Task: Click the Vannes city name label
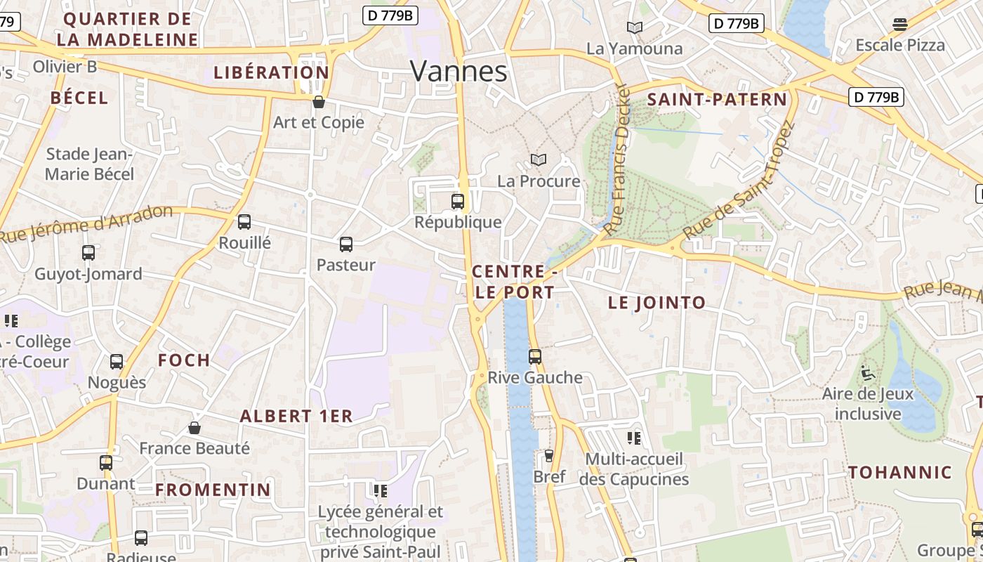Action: tap(458, 71)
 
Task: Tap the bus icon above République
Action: tap(458, 202)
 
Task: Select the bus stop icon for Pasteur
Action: tap(346, 244)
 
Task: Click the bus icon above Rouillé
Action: tap(244, 222)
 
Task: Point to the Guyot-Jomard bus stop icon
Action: tap(88, 253)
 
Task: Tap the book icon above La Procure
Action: tap(539, 160)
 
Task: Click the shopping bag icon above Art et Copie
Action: tap(319, 102)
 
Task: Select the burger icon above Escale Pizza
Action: tap(900, 25)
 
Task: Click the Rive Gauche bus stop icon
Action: tap(535, 357)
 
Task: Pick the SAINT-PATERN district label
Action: tap(717, 99)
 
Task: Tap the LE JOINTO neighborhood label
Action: tap(657, 303)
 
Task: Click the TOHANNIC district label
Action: tap(900, 472)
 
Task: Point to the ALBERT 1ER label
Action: tap(296, 416)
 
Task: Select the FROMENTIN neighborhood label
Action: tap(213, 490)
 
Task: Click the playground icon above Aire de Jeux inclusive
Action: tap(868, 373)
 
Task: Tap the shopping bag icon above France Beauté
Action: tap(194, 428)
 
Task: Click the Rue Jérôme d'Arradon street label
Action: tap(86, 223)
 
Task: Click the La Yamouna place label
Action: tap(634, 48)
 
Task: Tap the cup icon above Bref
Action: tap(549, 456)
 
